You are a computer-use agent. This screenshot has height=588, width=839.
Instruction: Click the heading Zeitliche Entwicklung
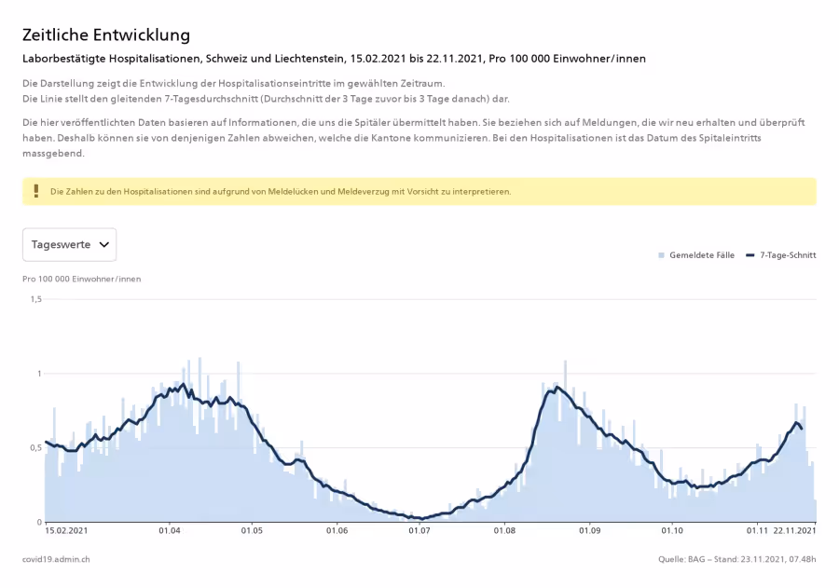[x=106, y=34]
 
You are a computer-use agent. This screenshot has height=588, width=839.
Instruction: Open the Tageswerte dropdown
[x=70, y=244]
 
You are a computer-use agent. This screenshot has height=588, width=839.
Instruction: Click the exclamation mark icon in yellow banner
[x=36, y=191]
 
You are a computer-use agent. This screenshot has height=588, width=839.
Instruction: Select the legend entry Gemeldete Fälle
[x=696, y=255]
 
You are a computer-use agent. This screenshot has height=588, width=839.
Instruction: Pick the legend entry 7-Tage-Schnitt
[x=781, y=255]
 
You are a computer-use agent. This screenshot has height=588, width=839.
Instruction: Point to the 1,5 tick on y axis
[x=35, y=299]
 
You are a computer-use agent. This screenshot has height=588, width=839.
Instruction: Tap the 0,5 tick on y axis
[x=35, y=448]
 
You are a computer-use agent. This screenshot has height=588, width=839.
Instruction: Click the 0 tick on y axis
[x=39, y=522]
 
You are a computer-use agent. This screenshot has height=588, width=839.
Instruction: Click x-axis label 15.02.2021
[x=66, y=531]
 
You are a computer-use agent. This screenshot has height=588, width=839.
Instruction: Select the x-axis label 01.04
[x=169, y=531]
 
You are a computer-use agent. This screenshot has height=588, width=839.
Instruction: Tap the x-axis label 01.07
[x=419, y=531]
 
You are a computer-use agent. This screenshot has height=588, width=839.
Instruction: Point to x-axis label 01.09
[x=590, y=531]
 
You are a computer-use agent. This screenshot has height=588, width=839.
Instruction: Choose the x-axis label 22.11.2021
[x=794, y=531]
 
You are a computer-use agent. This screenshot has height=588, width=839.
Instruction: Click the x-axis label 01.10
[x=672, y=531]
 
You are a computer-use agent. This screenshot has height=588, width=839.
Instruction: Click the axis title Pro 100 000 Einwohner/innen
[x=82, y=279]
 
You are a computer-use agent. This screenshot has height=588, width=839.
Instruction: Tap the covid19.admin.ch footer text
[x=56, y=559]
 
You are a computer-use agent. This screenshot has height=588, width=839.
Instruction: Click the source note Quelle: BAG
[x=681, y=559]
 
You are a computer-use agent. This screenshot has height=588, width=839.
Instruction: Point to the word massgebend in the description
[x=53, y=154]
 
